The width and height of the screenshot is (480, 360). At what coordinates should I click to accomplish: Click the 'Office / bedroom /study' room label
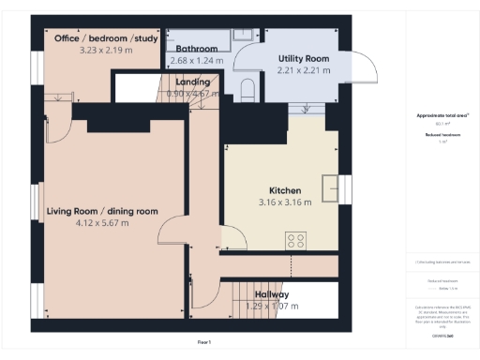pos(106,38)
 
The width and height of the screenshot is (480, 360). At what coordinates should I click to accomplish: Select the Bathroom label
pos(195,49)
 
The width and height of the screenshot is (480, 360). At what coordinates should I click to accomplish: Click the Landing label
pos(192,82)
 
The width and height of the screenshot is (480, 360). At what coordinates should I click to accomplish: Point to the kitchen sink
pos(329,187)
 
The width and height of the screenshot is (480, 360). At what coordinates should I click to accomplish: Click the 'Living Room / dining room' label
pos(102,212)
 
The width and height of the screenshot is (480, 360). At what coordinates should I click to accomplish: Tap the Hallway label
pos(271,294)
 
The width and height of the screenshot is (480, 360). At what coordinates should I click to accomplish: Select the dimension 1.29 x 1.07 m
pos(271,306)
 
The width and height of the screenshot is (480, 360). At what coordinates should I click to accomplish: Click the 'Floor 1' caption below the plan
pos(203,343)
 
